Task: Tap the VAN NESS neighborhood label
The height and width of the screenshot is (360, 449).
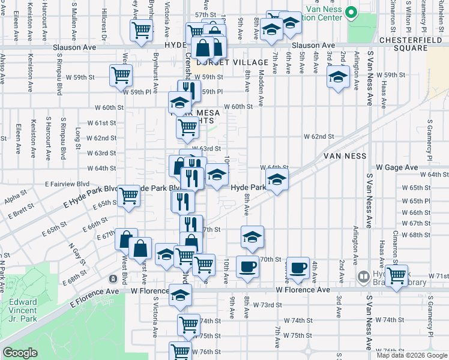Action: click(345, 155)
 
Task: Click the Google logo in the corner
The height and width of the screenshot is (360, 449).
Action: click(20, 353)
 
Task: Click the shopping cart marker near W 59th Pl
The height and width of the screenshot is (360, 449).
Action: click(121, 76)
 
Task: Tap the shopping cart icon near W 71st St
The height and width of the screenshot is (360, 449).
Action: click(396, 275)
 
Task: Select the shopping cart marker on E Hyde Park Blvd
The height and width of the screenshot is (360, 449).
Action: click(129, 195)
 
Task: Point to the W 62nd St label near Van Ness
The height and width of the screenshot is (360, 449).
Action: click(318, 137)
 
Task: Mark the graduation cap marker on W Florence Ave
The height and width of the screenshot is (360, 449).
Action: click(180, 295)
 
